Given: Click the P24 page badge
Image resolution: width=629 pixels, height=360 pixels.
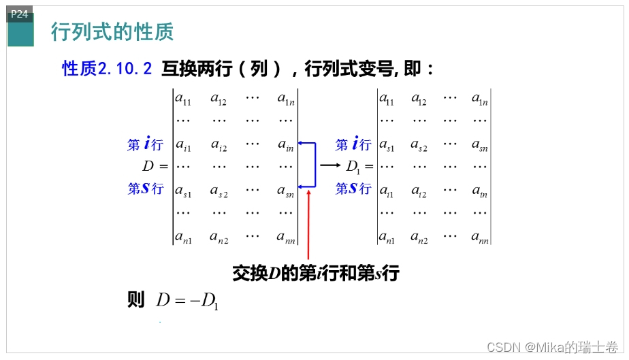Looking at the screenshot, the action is (20, 14).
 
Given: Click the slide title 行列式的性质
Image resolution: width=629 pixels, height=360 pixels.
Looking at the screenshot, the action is (112, 31).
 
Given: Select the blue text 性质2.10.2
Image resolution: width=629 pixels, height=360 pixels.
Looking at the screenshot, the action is (107, 69).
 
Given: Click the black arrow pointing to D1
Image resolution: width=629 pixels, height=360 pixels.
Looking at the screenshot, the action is (330, 165).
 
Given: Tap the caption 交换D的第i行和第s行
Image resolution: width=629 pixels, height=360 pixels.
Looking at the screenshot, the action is (315, 274).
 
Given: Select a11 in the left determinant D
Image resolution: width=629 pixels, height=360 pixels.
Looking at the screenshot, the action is (183, 99).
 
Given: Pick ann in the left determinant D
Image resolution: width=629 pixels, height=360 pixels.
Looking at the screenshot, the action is (285, 238).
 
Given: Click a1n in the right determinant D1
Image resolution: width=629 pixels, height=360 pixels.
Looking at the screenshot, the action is (480, 99).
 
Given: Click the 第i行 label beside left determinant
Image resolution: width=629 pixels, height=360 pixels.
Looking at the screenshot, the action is (145, 144).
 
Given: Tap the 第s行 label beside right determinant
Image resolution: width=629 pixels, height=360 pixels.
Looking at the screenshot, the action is (353, 189).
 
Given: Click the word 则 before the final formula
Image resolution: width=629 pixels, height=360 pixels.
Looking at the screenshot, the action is (136, 300).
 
